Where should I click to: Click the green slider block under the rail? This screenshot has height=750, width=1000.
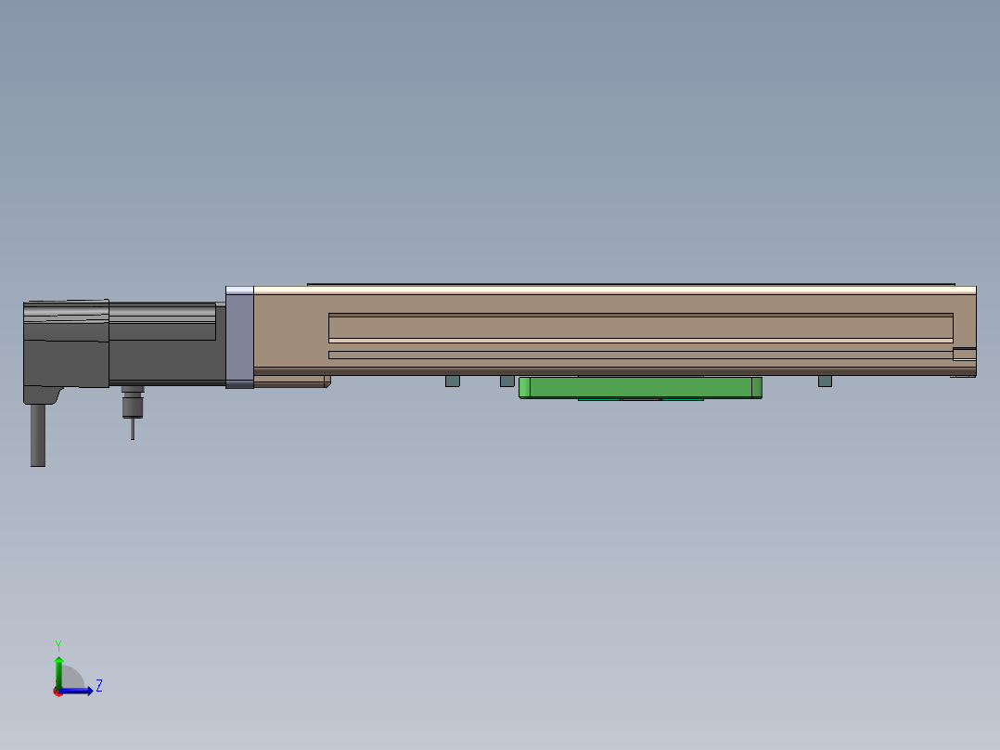tap(640, 387)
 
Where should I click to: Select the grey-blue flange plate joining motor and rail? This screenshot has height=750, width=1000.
tap(239, 337)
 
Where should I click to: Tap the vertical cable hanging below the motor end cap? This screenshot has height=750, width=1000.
tap(38, 434)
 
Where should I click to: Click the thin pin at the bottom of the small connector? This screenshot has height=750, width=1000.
tap(133, 428)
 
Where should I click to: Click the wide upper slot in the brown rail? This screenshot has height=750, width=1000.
tap(641, 328)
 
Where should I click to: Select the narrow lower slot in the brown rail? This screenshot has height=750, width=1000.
tap(641, 355)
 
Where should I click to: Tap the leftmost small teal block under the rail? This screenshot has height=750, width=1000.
tap(452, 381)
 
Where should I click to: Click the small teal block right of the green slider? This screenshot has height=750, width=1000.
tap(825, 381)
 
